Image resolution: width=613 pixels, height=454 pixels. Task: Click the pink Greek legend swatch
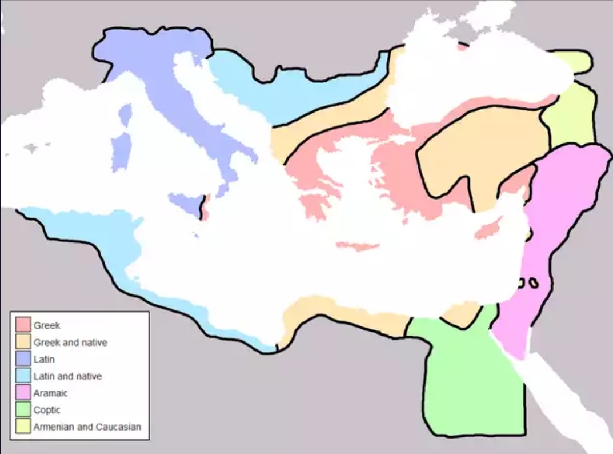click(x=23, y=325)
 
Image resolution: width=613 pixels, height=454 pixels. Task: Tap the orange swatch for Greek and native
click(x=23, y=342)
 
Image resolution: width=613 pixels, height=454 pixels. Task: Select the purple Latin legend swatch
click(x=23, y=359)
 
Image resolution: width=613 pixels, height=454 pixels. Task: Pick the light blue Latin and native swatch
click(x=23, y=376)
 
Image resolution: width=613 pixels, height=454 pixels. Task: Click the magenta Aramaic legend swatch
click(x=23, y=393)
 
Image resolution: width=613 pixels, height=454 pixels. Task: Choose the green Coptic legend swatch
click(x=23, y=409)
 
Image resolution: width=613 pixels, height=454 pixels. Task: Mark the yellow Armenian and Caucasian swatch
click(x=23, y=426)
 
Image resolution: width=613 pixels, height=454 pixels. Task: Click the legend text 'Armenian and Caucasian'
click(x=87, y=427)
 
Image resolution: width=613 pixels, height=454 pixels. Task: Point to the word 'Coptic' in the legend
click(x=47, y=410)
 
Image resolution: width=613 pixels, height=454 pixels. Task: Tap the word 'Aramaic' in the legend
click(x=50, y=393)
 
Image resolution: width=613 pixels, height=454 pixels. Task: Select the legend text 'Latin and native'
click(x=67, y=376)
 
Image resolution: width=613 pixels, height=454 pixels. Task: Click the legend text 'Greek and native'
click(x=70, y=343)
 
